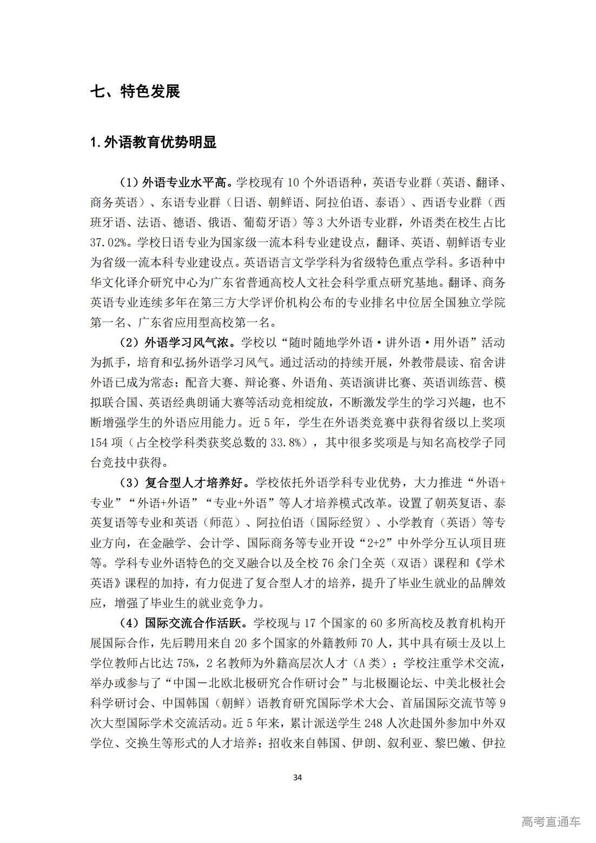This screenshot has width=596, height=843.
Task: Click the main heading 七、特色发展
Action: [x=135, y=91]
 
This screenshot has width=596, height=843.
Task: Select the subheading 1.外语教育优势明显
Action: [x=154, y=142]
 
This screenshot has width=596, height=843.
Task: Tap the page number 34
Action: [x=297, y=778]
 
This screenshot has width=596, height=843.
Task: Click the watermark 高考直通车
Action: [x=551, y=822]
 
